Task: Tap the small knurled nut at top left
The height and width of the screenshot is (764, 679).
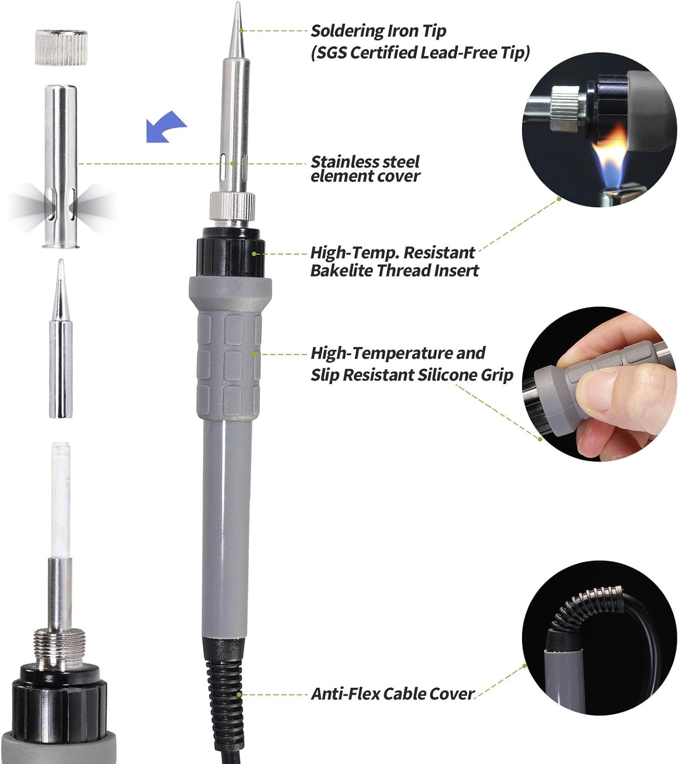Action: point(61,47)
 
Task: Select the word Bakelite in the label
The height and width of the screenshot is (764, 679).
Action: point(342,270)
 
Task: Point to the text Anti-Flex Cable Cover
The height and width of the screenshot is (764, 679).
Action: point(393,694)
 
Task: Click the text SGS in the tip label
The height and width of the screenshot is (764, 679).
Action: point(332,52)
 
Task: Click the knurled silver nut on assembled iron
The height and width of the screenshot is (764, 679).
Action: point(232,206)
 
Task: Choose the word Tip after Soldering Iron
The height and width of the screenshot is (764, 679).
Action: point(434,31)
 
